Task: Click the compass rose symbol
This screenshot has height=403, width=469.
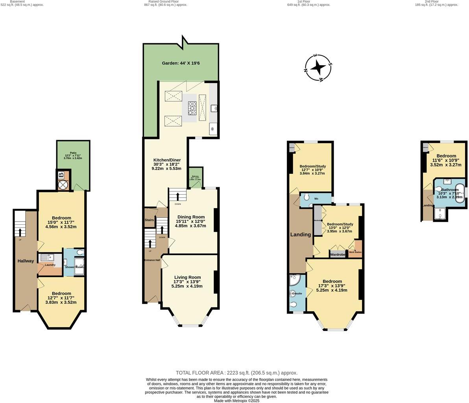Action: point(318,68)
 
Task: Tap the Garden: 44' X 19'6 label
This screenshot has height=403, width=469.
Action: point(181,63)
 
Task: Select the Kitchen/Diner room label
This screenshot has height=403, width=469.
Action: point(167,160)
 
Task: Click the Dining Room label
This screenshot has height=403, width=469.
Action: point(191,217)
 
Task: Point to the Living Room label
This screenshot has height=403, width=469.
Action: point(187,277)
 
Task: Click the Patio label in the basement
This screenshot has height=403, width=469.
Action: point(73,153)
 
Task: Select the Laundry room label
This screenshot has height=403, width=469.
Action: point(50,265)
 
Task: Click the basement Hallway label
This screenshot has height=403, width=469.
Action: point(26,261)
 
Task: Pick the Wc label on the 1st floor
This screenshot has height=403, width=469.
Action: point(316,199)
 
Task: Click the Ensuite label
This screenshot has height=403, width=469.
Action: point(297,293)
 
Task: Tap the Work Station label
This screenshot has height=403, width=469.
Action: point(355,252)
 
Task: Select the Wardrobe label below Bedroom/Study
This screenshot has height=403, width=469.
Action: point(338,255)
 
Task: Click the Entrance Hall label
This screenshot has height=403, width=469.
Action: point(151,260)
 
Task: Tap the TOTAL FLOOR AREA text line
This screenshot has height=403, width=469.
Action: point(236,373)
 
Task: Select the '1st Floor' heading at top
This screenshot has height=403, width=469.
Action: point(304,2)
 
